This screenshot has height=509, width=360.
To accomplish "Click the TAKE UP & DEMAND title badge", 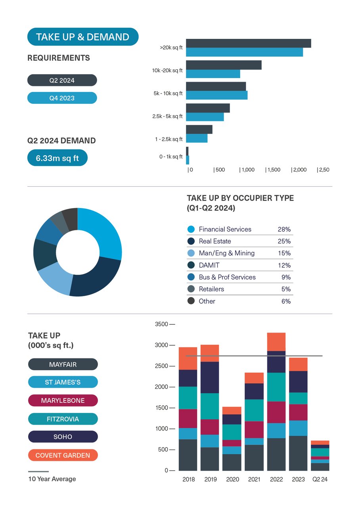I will pos(82,37).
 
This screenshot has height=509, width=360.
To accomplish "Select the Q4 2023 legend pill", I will pos(62,98).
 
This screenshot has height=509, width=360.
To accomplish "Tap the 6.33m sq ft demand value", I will pos(57,158).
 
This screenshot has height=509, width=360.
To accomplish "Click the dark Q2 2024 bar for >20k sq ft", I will pos(248,43).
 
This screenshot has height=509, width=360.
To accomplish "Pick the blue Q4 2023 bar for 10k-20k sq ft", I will pos(213,74).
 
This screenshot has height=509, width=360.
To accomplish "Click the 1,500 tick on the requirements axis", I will pos(273,170).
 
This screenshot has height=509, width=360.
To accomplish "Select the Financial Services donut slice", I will pos(104,232).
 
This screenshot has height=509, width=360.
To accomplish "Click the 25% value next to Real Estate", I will pos(284,241).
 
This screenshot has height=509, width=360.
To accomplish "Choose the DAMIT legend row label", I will pos(209,265).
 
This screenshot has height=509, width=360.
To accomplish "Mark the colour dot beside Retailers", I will pos(191,289).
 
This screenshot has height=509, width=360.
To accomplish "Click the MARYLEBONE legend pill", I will pos(63,400).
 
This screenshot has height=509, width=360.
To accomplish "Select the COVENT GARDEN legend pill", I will pos(63,455).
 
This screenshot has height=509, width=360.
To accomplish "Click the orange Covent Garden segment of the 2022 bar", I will pos(276,342).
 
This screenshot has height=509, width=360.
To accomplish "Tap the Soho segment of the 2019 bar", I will pos(211,377).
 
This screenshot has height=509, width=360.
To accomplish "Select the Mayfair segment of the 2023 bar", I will pos(298,453).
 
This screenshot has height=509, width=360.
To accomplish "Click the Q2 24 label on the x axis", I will pos(320,479).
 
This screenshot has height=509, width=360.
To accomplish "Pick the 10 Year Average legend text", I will pos(52,479).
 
